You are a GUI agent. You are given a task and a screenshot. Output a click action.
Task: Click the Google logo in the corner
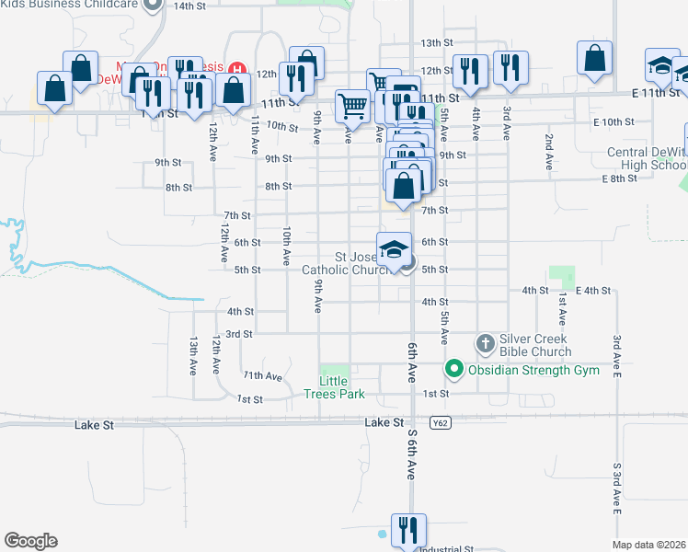tap(30, 541)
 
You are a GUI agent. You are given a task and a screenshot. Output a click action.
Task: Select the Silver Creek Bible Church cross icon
tap(487, 344)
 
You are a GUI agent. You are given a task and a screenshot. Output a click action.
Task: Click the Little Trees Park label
tap(335, 387)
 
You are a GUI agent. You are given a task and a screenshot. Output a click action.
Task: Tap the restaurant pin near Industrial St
tap(406, 530)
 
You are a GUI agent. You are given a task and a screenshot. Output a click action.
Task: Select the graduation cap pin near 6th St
tap(394, 249)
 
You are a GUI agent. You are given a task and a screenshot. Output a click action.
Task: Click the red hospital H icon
tap(238, 67)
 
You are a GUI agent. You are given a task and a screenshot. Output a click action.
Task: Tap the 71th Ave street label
tap(262, 376)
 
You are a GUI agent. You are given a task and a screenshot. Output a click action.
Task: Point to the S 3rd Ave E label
tap(617, 487)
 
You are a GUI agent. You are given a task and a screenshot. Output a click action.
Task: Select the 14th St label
tap(190, 6)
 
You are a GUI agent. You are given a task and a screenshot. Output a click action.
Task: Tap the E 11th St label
tap(656, 93)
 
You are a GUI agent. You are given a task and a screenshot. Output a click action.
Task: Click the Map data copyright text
tap(649, 545)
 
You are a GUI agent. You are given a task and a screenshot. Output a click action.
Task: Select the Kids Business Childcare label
tap(69, 5)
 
